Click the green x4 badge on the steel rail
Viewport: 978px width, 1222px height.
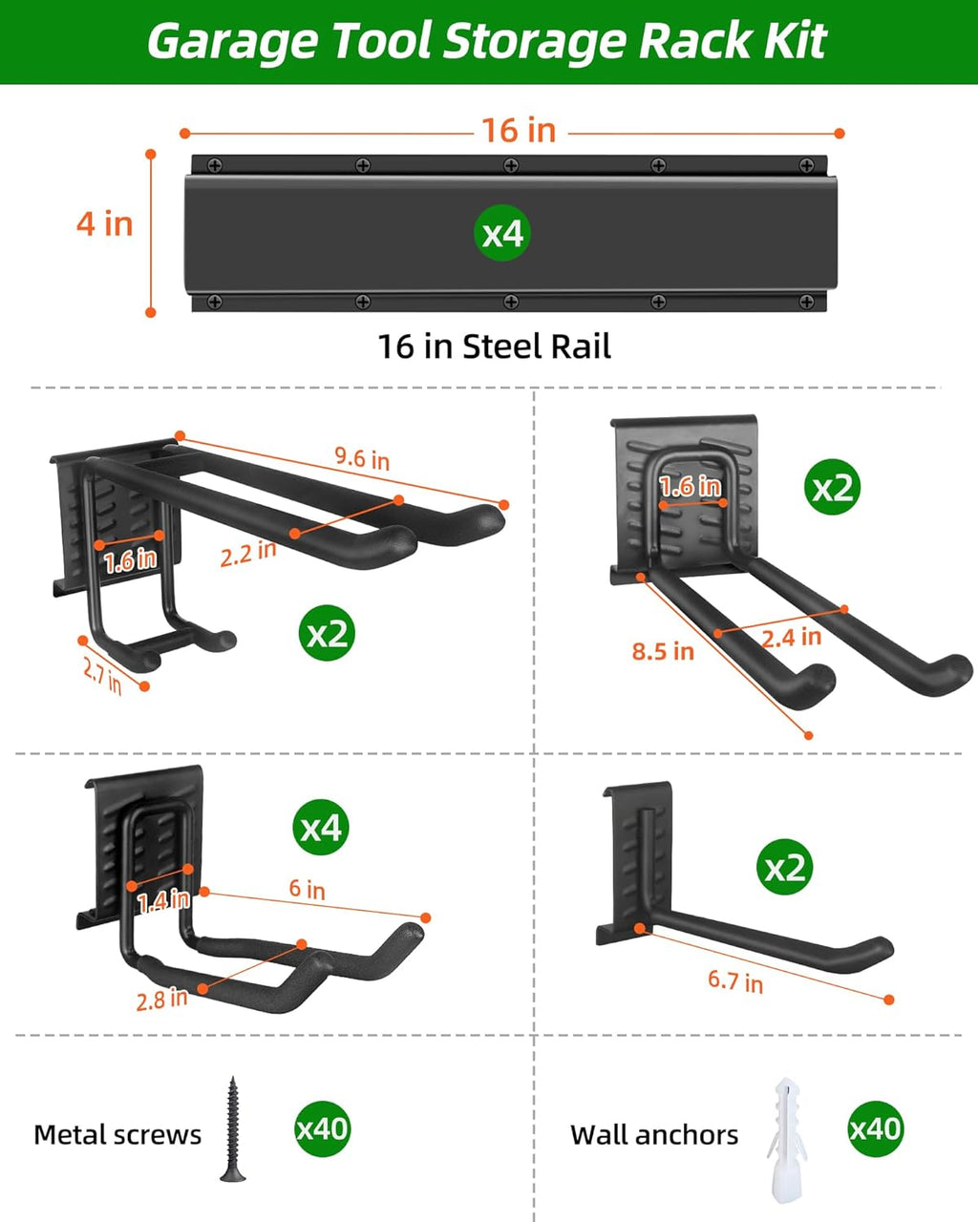pos(502,233)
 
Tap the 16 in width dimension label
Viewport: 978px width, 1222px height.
pos(519,131)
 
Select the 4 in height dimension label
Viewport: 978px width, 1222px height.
pos(104,223)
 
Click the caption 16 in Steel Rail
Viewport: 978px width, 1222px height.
pos(495,347)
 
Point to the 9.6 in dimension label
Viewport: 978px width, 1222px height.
pos(362,458)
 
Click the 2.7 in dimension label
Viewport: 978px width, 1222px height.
pos(102,676)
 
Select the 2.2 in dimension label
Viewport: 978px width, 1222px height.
pos(248,554)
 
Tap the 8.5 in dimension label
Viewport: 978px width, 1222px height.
pos(663,651)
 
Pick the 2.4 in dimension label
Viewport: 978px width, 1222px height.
pos(792,638)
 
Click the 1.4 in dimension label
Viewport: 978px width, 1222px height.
pos(163,901)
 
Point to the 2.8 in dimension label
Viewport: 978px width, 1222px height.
pos(162,999)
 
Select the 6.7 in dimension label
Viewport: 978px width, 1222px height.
pos(735,981)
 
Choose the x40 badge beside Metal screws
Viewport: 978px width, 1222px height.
pos(323,1128)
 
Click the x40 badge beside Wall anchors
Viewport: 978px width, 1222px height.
pos(875,1128)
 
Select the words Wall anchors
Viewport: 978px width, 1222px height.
pos(654,1135)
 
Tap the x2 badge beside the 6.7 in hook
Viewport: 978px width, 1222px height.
pos(785,867)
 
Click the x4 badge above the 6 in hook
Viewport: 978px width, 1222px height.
pos(321,827)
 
